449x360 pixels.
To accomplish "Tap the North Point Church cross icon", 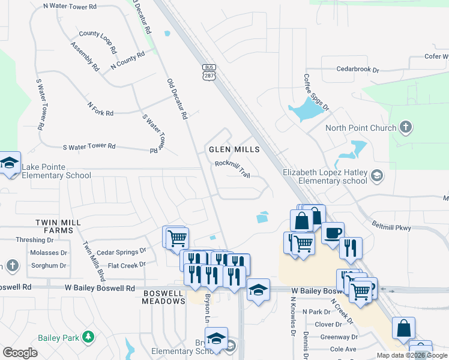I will coord(406,127).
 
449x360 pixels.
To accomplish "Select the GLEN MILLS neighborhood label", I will coord(234,149).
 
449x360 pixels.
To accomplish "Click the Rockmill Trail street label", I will coord(232,168).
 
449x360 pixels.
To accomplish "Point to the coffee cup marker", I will coord(332,232).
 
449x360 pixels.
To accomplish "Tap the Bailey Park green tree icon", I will coord(89,337).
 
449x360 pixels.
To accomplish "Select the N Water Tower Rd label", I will coord(70,7).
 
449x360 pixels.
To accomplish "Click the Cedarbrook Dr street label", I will coord(358,70).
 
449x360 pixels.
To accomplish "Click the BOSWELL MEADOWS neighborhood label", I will coord(164,297).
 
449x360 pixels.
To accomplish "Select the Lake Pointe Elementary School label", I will coord(56,171).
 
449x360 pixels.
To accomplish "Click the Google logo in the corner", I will coord(20,352).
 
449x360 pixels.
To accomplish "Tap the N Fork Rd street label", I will coord(100,108).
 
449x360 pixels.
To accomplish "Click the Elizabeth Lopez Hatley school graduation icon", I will coord(377,176).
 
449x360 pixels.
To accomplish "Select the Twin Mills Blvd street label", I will coord(94,262).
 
